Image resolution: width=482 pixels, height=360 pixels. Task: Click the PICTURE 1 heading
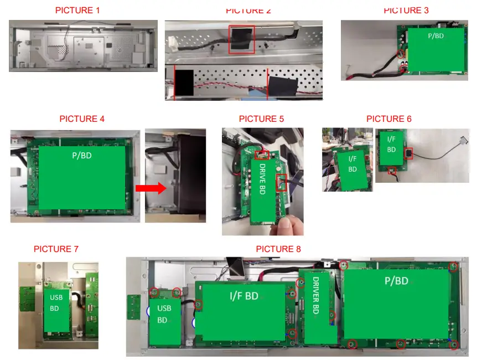point(77,10)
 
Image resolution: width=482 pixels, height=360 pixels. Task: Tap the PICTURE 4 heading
point(82,119)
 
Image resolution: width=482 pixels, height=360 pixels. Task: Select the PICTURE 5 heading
point(262,119)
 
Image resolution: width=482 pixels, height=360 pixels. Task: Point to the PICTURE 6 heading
point(389,119)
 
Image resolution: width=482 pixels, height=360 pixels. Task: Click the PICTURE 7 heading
point(56,249)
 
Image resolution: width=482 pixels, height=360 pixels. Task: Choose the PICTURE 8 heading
point(278,249)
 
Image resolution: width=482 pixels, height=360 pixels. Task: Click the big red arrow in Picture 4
point(151,188)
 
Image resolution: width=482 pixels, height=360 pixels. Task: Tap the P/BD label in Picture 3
point(436,36)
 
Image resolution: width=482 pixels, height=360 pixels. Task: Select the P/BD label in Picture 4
point(82,156)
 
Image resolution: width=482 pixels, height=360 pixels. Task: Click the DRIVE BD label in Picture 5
point(262,179)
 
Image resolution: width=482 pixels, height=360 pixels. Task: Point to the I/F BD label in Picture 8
point(244,296)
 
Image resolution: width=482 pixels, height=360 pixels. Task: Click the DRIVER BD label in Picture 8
point(315,295)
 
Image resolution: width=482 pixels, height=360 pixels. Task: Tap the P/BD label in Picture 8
point(397,281)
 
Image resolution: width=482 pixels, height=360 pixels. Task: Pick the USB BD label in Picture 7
point(56,303)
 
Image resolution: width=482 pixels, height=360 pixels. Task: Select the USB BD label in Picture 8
point(164,314)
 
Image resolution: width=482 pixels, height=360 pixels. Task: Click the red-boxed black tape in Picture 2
point(242,40)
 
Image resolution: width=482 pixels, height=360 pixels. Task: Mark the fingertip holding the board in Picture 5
point(284,223)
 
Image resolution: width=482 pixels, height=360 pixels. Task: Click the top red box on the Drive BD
point(262,155)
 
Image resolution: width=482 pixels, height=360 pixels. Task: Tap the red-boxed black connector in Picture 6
point(408,153)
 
